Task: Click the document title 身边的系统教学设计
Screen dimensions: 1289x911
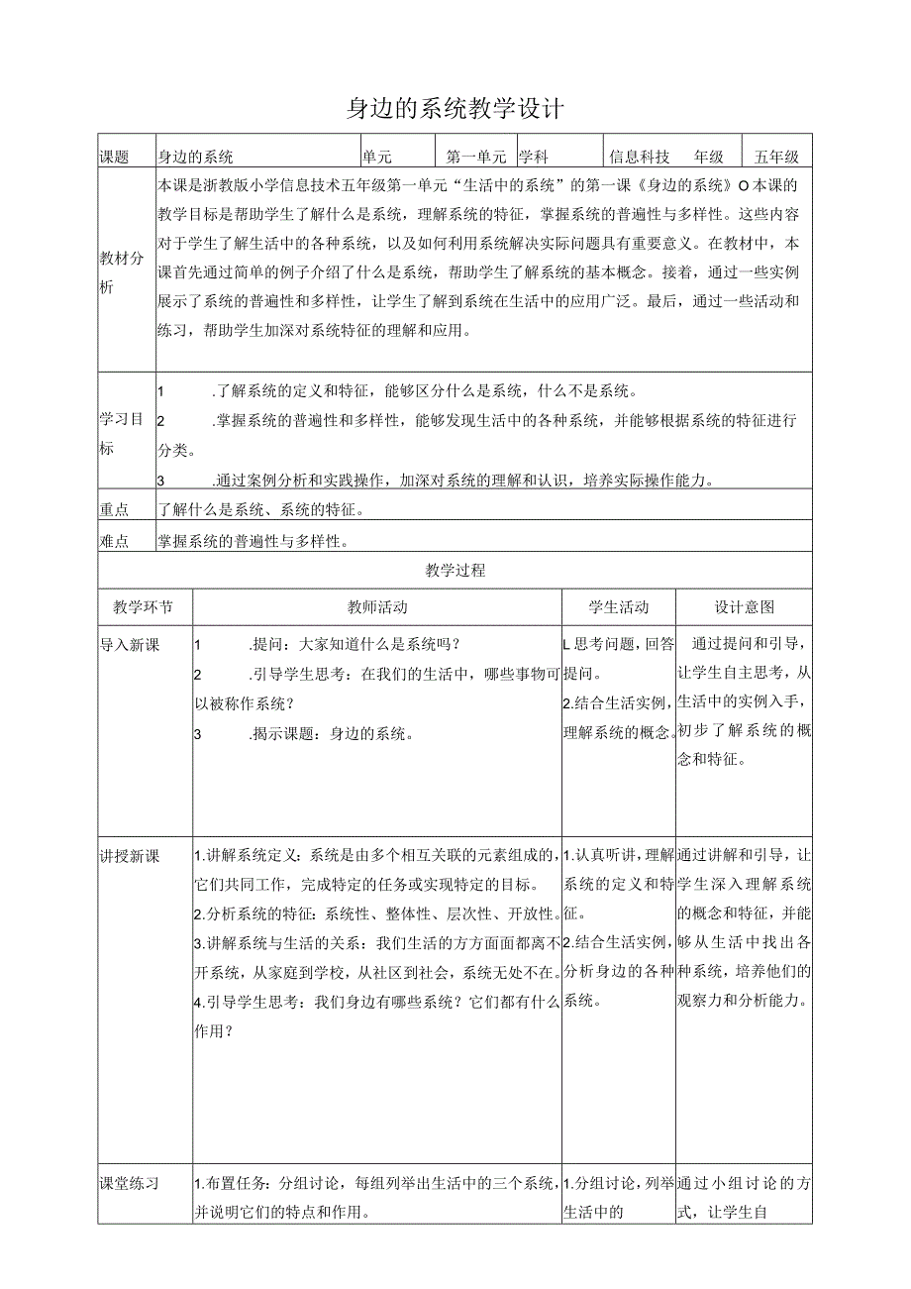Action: click(x=455, y=108)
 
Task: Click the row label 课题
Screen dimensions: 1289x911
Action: click(x=115, y=157)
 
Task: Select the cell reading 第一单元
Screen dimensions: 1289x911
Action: click(x=476, y=157)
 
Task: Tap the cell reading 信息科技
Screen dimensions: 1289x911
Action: click(x=640, y=157)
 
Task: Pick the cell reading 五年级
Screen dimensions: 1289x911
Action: click(x=776, y=157)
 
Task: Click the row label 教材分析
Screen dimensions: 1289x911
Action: click(x=122, y=272)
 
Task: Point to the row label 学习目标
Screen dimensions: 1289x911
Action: click(x=122, y=433)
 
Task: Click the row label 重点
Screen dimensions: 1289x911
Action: click(x=115, y=509)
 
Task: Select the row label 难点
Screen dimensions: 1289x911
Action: click(x=115, y=541)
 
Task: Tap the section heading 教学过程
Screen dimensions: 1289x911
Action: click(x=455, y=571)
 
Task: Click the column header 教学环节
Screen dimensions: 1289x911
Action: click(x=143, y=607)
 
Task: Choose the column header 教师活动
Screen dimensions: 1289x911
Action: click(x=377, y=607)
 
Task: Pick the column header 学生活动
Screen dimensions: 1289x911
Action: click(x=619, y=607)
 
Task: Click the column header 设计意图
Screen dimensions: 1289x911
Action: click(x=745, y=607)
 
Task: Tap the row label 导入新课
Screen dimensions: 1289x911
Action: click(x=130, y=645)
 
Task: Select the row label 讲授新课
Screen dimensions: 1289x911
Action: click(x=130, y=856)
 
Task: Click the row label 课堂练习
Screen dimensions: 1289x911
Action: click(x=130, y=1183)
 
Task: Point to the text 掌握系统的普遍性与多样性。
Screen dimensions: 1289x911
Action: click(x=253, y=541)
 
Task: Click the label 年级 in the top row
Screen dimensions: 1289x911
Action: click(x=709, y=157)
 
